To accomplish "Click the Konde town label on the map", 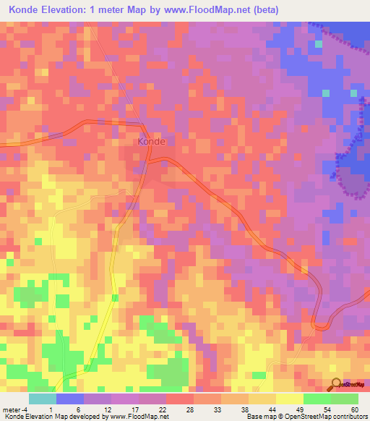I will coord(151,142).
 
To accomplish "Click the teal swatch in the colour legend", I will coord(43,399).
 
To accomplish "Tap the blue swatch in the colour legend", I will coord(70,399).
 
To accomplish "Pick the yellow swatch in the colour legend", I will coord(290,399).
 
